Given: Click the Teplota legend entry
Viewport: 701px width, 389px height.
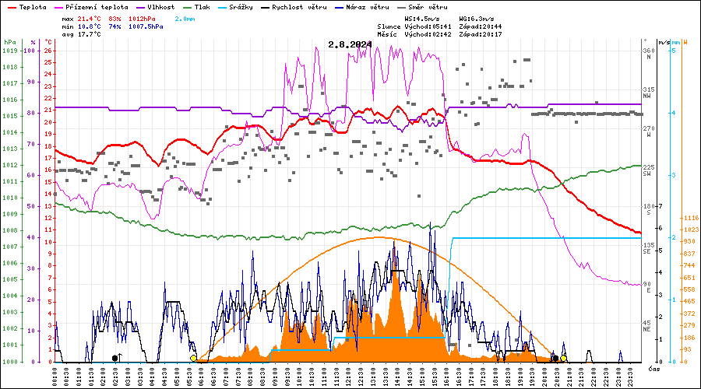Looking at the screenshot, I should (x=32, y=6).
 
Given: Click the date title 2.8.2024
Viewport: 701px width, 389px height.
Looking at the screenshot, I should (x=350, y=44).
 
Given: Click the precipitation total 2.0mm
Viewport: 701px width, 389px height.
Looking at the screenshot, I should (x=185, y=17).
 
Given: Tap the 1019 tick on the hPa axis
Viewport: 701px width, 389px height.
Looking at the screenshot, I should (x=9, y=51).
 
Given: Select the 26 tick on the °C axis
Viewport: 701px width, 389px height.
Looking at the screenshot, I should (x=48, y=51).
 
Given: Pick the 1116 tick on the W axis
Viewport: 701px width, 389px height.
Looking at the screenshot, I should (x=689, y=218).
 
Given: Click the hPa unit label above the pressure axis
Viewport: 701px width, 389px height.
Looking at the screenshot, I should (x=9, y=42).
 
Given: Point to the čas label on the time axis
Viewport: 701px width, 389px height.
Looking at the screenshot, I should (x=654, y=367).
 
